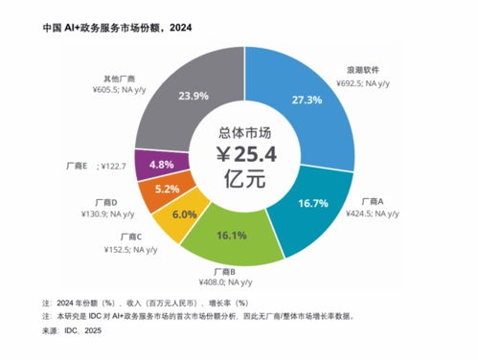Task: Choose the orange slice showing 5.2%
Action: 166,189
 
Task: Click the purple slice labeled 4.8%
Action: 160,164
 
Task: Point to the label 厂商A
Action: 372,202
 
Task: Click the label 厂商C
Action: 132,236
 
